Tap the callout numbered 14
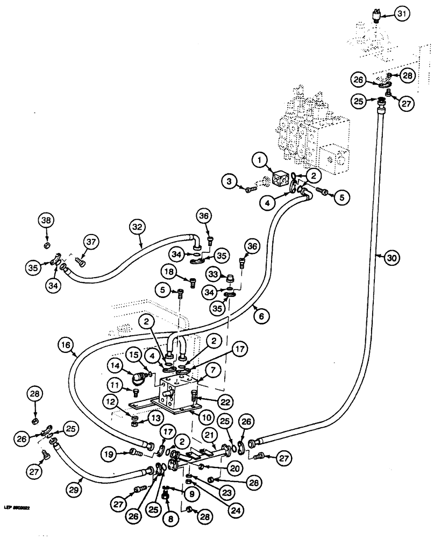click(x=116, y=367)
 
